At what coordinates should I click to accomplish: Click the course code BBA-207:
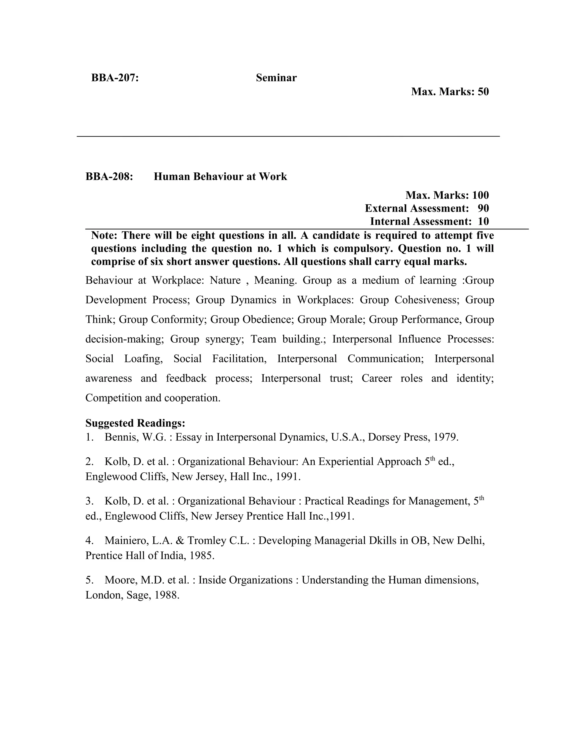(115, 78)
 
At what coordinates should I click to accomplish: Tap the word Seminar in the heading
(276, 78)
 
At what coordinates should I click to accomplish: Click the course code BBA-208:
(109, 177)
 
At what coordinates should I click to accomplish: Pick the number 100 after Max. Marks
(480, 195)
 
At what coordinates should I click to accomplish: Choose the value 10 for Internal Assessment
(483, 222)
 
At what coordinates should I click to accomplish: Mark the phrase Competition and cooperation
(153, 398)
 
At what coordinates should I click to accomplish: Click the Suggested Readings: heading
(135, 423)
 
